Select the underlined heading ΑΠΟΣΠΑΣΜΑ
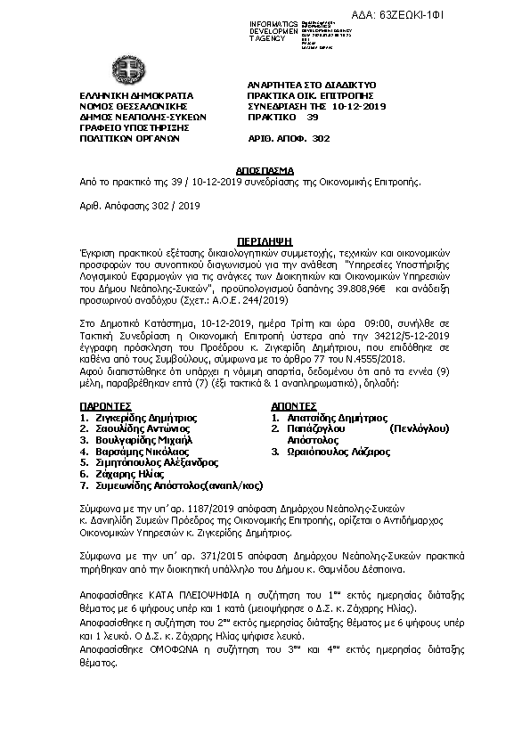pyautogui.click(x=264, y=167)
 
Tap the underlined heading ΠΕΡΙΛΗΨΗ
pyautogui.click(x=264, y=240)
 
